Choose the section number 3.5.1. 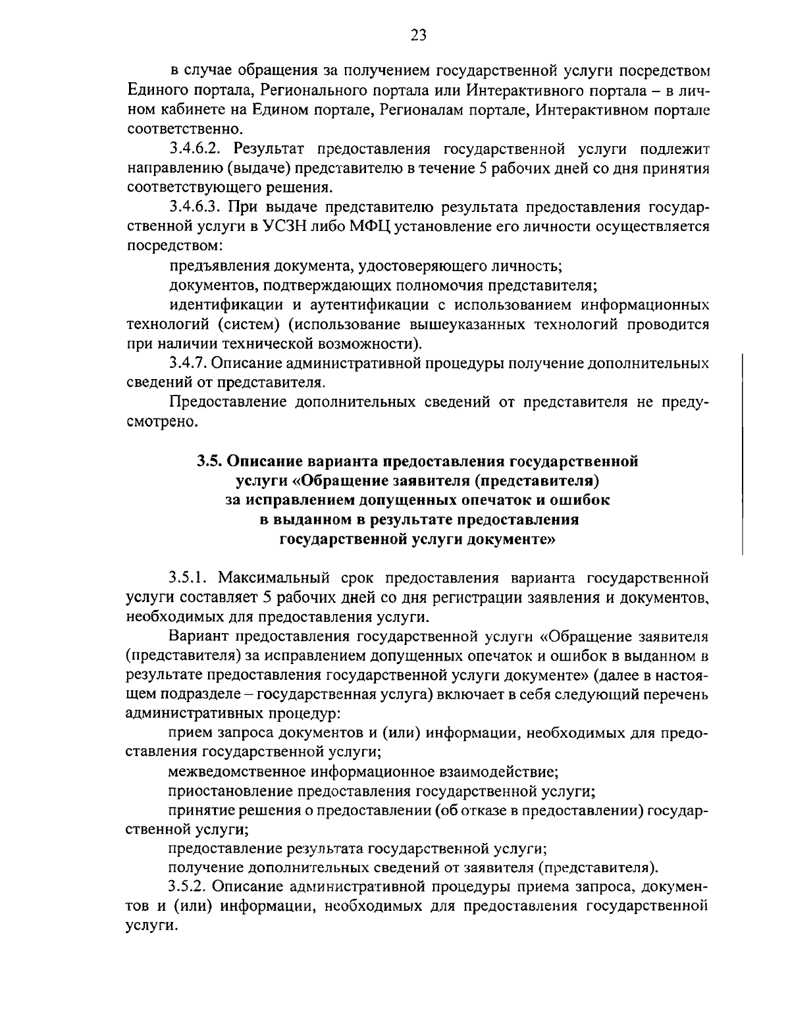tap(188, 578)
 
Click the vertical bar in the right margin tap(742, 454)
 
